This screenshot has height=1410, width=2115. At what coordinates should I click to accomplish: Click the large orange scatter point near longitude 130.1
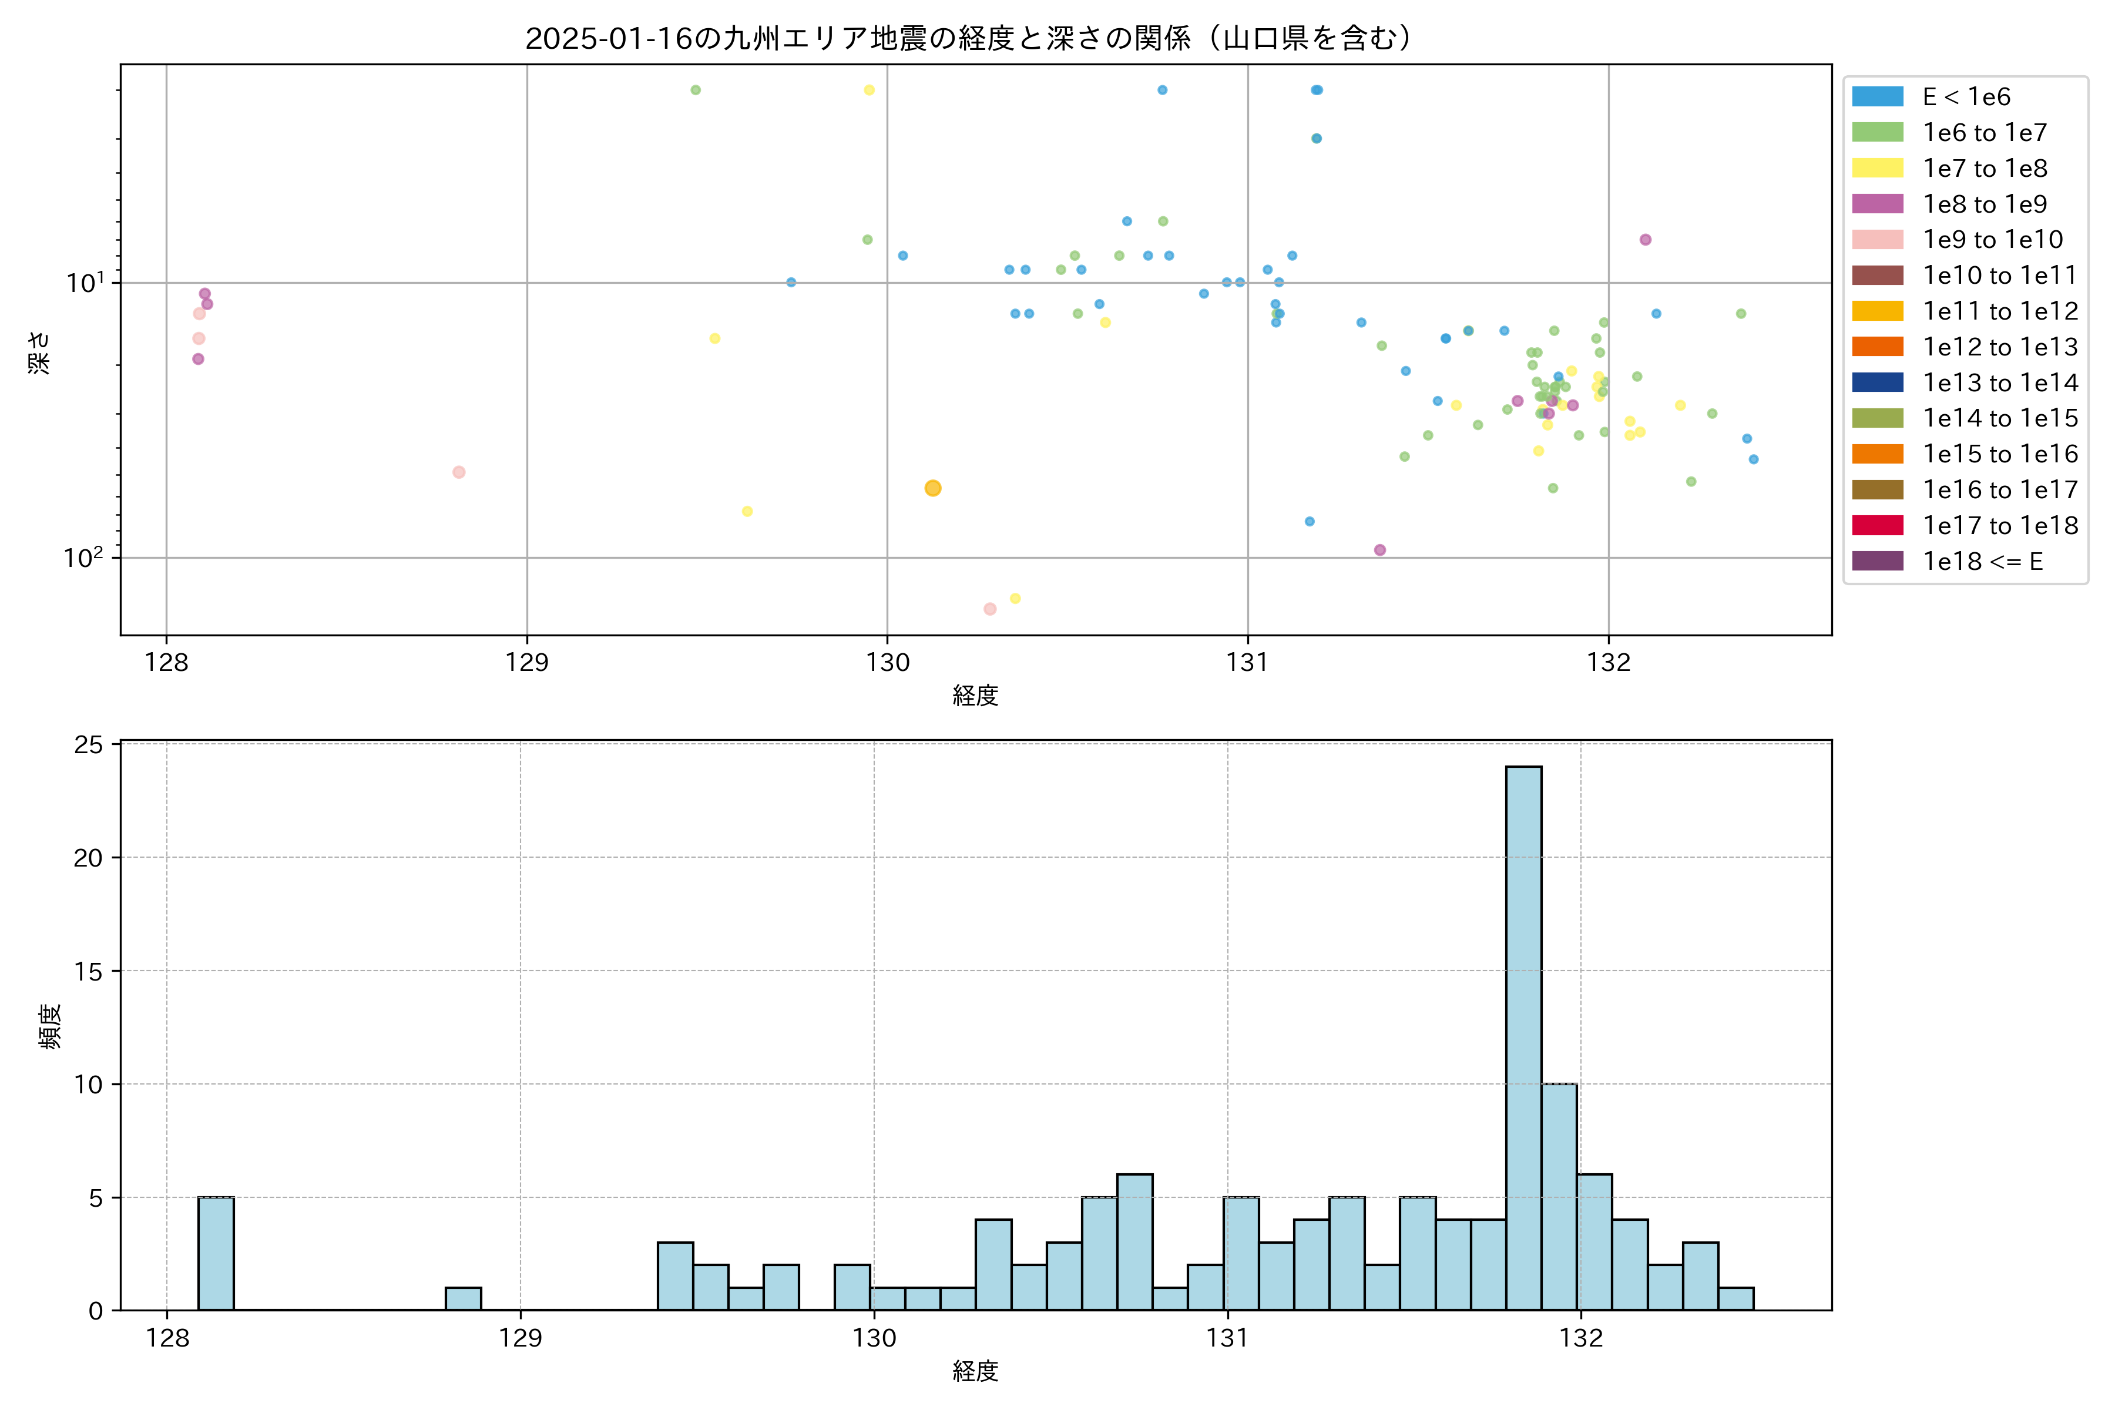(x=932, y=488)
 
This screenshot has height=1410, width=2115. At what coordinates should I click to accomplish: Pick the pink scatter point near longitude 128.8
(x=459, y=472)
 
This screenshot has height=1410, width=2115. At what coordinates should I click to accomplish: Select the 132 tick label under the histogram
(x=1581, y=1338)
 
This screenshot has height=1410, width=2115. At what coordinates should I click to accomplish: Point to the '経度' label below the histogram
(x=976, y=1371)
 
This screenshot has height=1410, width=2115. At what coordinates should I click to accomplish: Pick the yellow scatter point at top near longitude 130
(x=869, y=90)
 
